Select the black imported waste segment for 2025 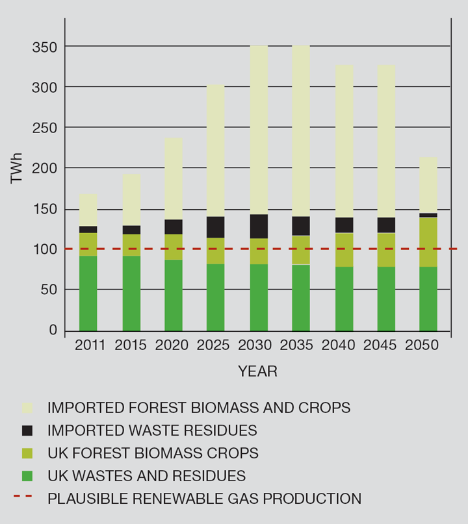[215, 227]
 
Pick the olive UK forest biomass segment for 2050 [428, 242]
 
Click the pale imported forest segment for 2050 [428, 185]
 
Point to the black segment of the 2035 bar [301, 226]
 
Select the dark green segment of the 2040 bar [344, 299]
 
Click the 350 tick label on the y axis [44, 47]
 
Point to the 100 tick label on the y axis [44, 249]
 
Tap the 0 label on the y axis [53, 331]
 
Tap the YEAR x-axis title [257, 372]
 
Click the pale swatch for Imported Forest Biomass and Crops [27, 408]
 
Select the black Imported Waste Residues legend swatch [27, 430]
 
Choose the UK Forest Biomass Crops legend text [153, 453]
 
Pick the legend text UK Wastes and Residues [146, 476]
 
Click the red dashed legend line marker [27, 498]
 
